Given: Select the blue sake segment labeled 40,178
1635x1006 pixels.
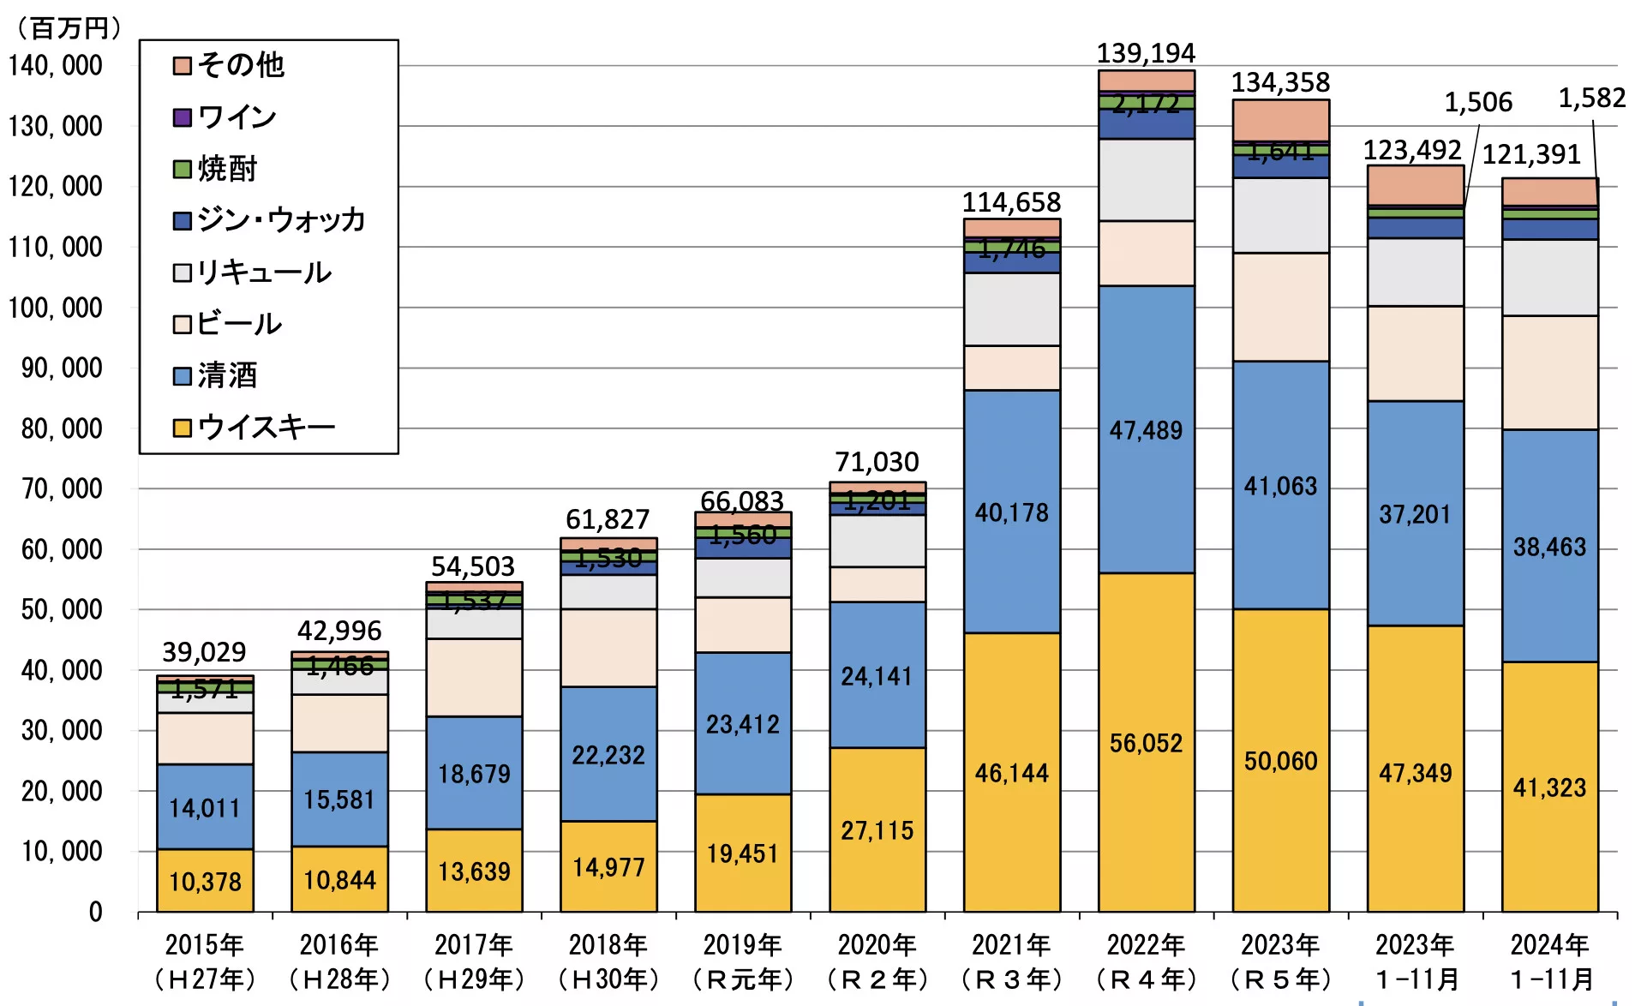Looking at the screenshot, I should pyautogui.click(x=1011, y=512).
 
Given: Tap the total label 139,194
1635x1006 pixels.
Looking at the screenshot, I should pyautogui.click(x=1146, y=53).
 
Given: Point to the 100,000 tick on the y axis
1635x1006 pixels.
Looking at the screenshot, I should pyautogui.click(x=56, y=308).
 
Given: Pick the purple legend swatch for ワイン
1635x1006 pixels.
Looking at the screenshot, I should pyautogui.click(x=182, y=117).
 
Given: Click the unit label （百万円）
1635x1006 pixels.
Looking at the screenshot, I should pyautogui.click(x=69, y=28).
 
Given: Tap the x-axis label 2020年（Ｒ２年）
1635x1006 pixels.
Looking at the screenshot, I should pyautogui.click(x=877, y=961).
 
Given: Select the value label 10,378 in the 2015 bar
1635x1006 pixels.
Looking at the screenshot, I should pyautogui.click(x=205, y=882).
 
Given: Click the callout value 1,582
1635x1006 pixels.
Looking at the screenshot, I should pyautogui.click(x=1591, y=99).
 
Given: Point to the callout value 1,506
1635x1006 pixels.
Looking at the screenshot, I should pyautogui.click(x=1478, y=103).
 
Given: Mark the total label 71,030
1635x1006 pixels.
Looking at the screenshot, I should pyautogui.click(x=877, y=463).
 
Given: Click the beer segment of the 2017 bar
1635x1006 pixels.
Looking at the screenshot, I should pyautogui.click(x=474, y=677).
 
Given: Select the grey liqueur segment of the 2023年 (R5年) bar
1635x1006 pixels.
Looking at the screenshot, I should pyautogui.click(x=1280, y=215).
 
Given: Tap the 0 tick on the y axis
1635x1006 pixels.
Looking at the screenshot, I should pyautogui.click(x=95, y=912).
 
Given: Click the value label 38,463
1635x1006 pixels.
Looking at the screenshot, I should pyautogui.click(x=1549, y=547).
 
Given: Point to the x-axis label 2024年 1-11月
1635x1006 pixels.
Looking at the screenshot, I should pyautogui.click(x=1549, y=961).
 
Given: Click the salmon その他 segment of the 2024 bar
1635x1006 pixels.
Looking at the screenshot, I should pyautogui.click(x=1549, y=191).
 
